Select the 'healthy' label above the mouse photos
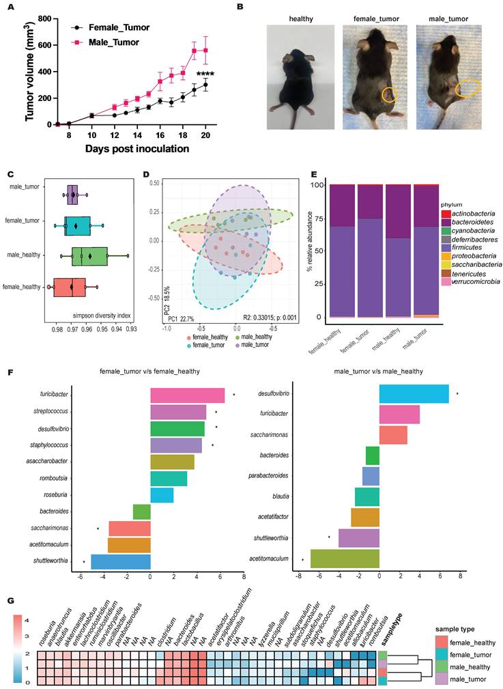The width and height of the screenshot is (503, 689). pos(301,19)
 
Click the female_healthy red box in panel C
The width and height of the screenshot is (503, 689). pos(70,287)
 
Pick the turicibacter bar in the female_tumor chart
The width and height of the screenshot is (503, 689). pos(187,395)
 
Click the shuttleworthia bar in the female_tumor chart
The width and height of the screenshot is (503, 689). pos(120,562)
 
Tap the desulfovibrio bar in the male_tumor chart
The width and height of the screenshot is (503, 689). pos(414,394)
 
